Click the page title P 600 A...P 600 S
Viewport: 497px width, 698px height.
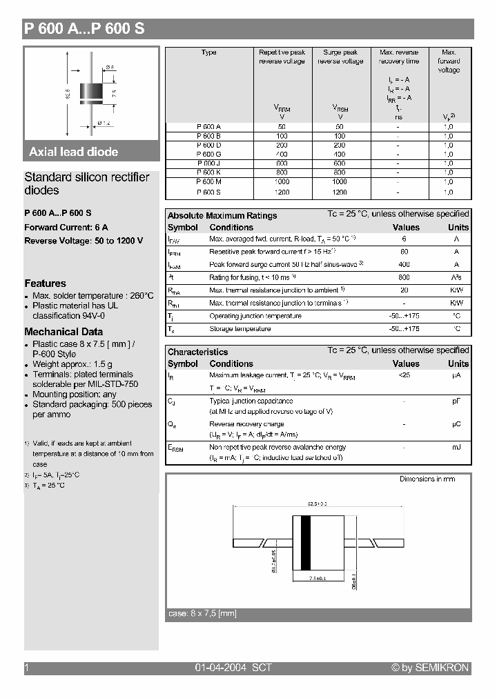coord(84,29)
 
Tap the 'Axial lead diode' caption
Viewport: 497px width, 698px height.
coord(73,152)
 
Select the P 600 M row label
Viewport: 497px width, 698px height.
coord(208,181)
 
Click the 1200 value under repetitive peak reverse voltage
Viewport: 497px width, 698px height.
coord(282,192)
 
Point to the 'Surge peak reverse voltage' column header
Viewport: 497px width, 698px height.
coord(340,57)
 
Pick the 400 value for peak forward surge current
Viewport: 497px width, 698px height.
coord(405,265)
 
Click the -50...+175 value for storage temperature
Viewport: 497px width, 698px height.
coord(405,329)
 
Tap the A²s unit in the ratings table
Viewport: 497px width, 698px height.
coord(457,277)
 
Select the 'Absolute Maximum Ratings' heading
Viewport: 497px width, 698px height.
coord(222,216)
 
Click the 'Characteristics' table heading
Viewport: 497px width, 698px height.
coord(197,352)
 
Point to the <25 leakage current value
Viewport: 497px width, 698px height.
coord(405,375)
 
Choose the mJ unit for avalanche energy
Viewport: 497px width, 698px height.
coord(457,448)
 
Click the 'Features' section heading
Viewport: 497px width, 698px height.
coord(46,283)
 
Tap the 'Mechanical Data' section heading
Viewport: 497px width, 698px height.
coord(64,332)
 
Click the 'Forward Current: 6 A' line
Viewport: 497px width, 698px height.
coord(66,227)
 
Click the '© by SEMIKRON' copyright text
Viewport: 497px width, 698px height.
coord(430,668)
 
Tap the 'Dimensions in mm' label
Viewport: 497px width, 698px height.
coord(427,479)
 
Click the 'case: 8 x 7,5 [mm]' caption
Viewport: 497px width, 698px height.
coord(202,613)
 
